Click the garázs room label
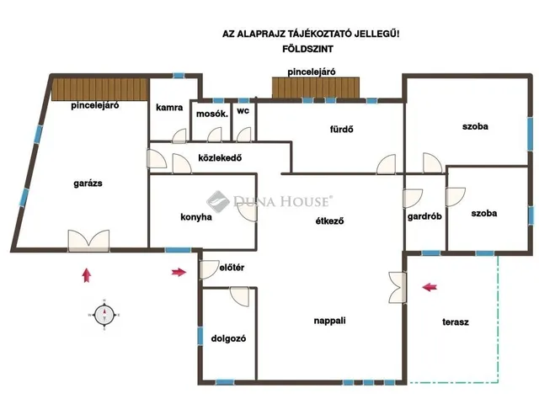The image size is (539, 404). click(x=88, y=183)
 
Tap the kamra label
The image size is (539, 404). click(x=169, y=108)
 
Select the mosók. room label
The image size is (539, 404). click(x=212, y=114)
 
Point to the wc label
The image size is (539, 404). click(x=243, y=110)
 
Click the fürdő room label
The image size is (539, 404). click(x=341, y=129)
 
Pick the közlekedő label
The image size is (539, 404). click(x=220, y=158)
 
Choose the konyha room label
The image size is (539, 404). click(x=196, y=217)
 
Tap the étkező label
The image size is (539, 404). click(x=329, y=221)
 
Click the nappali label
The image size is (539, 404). click(x=329, y=321)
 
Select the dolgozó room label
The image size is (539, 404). click(x=228, y=338)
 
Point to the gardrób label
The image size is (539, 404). click(x=424, y=216)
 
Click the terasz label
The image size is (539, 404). click(x=456, y=322)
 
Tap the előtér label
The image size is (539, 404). click(x=232, y=268)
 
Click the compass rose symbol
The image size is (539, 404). click(x=104, y=315)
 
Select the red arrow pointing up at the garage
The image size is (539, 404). click(x=87, y=275)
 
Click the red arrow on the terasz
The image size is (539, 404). click(x=430, y=287)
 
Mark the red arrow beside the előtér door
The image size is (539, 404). click(x=179, y=273)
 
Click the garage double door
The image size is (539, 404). click(x=88, y=241)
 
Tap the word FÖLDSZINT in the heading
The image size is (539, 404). click(x=307, y=49)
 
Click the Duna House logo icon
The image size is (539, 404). click(x=217, y=202)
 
